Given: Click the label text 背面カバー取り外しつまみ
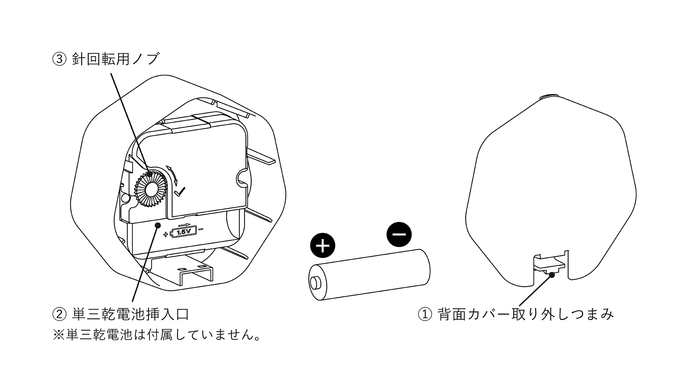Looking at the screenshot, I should (526, 314).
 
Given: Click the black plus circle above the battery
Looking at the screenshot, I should (323, 246).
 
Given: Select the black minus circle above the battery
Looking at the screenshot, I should (399, 234).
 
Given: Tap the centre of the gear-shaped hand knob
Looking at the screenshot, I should (151, 189).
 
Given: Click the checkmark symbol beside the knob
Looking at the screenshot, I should (180, 192).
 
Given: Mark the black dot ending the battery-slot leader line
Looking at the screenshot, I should (158, 225).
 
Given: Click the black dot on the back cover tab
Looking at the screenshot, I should (552, 275).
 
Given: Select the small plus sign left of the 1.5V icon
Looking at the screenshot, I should (166, 234).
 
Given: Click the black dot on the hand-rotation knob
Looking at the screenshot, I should (149, 174).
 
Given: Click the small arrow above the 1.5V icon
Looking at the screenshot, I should (185, 225).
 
